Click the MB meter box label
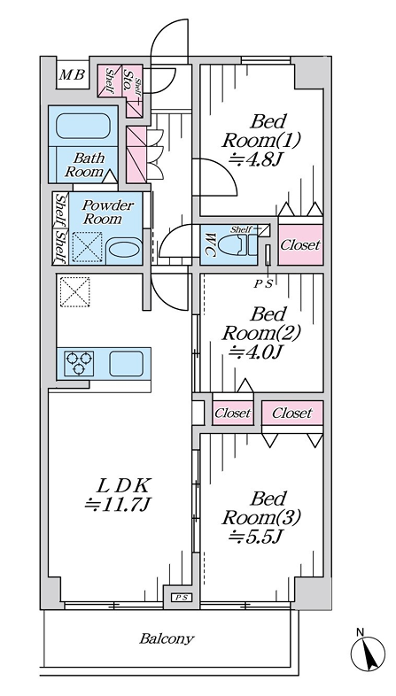tap(72, 75)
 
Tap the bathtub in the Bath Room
tap(83, 126)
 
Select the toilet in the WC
tap(245, 244)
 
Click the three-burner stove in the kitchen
tap(79, 363)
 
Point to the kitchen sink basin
tap(127, 364)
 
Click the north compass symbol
tap(368, 653)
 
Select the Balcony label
tap(167, 638)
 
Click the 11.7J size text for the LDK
tap(119, 504)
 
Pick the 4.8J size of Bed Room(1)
tap(255, 159)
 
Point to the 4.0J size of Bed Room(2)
tap(255, 352)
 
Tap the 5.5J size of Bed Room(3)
tap(256, 537)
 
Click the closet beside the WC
tap(300, 244)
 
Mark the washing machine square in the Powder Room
tap(88, 247)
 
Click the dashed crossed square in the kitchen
tap(75, 292)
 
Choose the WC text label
tap(209, 245)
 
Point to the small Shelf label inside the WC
tap(241, 229)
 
